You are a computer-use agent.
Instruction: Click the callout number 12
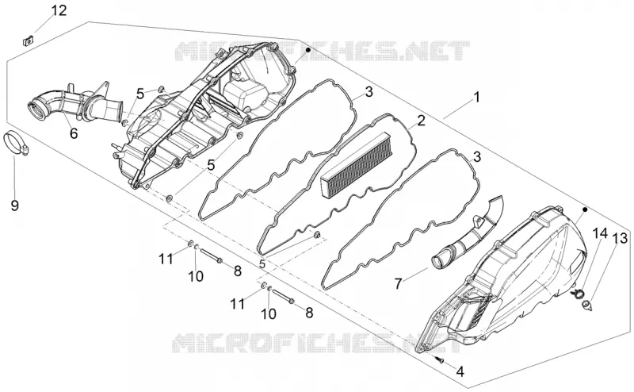[x=59, y=11]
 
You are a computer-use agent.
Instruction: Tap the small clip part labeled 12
[x=28, y=41]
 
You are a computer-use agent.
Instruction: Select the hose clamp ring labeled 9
[x=16, y=144]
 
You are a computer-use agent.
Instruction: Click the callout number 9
[x=14, y=206]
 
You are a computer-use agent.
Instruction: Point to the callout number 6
[x=74, y=133]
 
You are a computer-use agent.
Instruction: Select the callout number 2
[x=421, y=121]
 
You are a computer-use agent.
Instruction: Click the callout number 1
[x=477, y=98]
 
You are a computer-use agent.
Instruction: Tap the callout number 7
[x=398, y=283]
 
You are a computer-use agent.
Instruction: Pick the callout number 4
[x=460, y=371]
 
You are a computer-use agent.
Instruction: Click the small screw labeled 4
[x=441, y=359]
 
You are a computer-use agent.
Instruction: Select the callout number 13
[x=621, y=239]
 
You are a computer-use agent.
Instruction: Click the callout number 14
[x=600, y=233]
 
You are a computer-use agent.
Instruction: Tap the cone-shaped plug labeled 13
[x=587, y=306]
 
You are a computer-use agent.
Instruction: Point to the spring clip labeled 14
[x=577, y=292]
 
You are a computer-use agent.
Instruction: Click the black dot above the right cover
[x=584, y=209]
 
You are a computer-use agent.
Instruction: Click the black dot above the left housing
[x=308, y=50]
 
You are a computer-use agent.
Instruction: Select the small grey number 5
[x=262, y=264]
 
